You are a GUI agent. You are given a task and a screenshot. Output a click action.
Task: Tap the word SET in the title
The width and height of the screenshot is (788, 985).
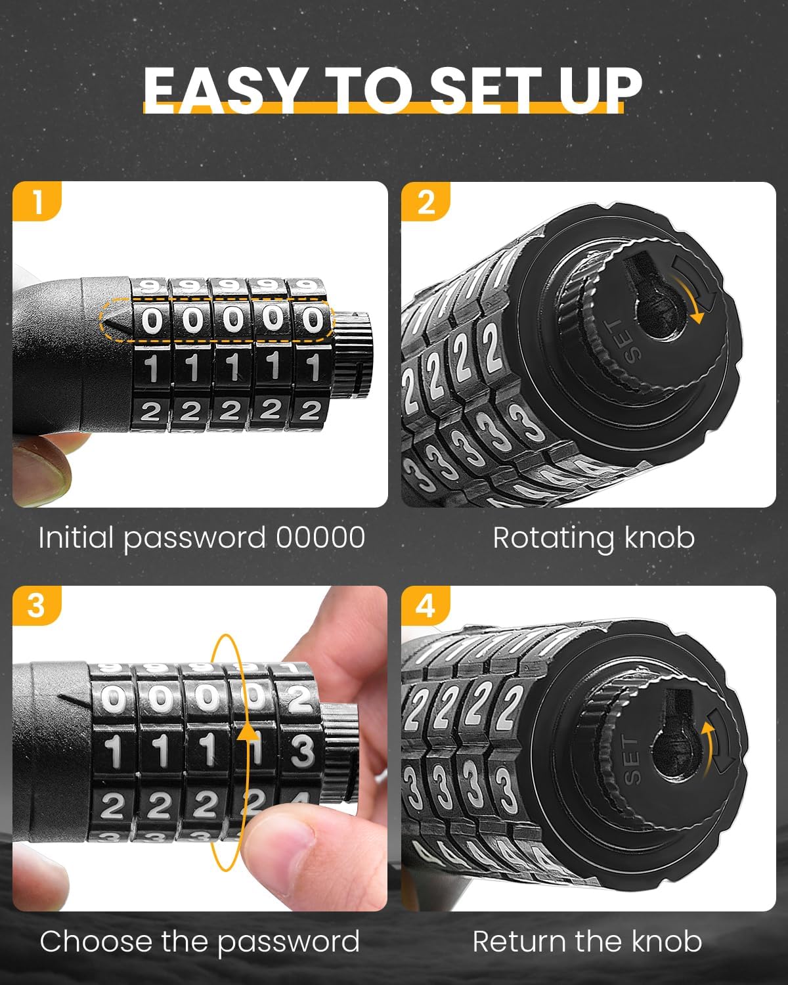tap(486, 90)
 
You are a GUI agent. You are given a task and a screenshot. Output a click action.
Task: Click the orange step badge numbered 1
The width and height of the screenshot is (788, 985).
tap(37, 202)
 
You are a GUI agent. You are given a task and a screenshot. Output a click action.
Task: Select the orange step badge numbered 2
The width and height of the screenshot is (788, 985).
tap(426, 202)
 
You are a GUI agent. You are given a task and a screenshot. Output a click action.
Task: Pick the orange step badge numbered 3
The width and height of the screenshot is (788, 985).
tap(37, 605)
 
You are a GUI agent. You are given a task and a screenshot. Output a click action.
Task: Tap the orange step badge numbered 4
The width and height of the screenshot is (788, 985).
tap(426, 605)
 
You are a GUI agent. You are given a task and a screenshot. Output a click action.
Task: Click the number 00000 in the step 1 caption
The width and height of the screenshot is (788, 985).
tap(320, 537)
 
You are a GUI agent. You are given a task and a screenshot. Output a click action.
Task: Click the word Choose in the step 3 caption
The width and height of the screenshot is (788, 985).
tap(95, 942)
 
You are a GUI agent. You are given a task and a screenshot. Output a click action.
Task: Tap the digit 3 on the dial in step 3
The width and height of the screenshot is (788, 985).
tap(303, 751)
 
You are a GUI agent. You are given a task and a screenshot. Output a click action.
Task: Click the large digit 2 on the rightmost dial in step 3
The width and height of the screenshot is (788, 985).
tap(300, 699)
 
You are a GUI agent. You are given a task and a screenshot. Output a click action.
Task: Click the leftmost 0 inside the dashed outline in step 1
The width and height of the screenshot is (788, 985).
tap(152, 320)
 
